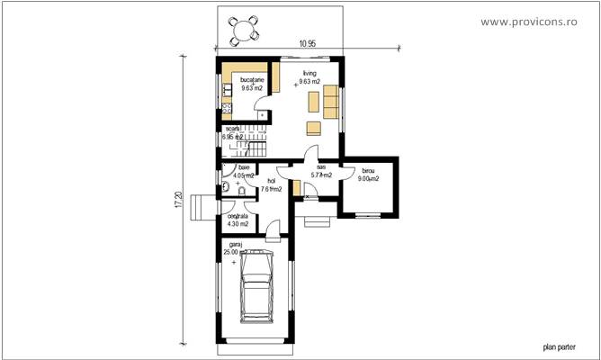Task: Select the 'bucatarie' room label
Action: [253, 81]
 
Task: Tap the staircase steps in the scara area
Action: [255, 145]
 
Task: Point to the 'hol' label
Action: [271, 181]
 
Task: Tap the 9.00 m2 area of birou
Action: [369, 179]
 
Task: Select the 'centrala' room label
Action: [237, 216]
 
